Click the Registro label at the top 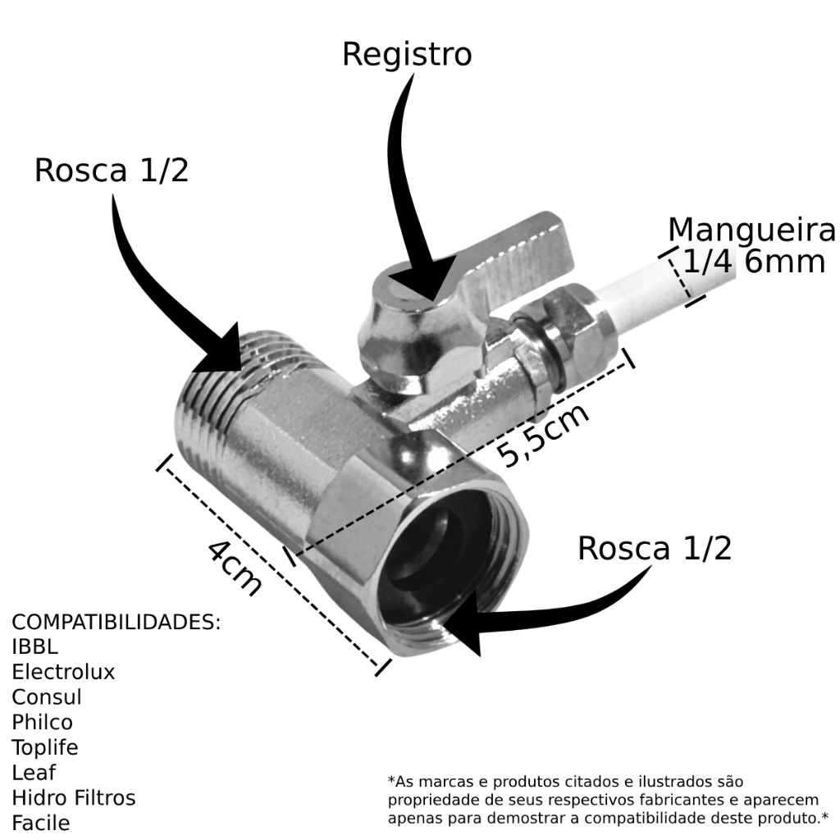click(407, 55)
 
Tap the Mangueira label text click(751, 231)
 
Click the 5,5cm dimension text click(546, 435)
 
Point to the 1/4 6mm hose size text click(753, 262)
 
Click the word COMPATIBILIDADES click(116, 622)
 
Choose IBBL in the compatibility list click(35, 647)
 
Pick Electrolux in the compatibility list click(63, 673)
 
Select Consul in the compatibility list click(47, 697)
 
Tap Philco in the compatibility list click(43, 723)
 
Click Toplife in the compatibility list click(45, 747)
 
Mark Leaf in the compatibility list click(34, 773)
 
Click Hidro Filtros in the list click(74, 797)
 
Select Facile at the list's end click(40, 823)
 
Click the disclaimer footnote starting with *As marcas click(608, 800)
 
